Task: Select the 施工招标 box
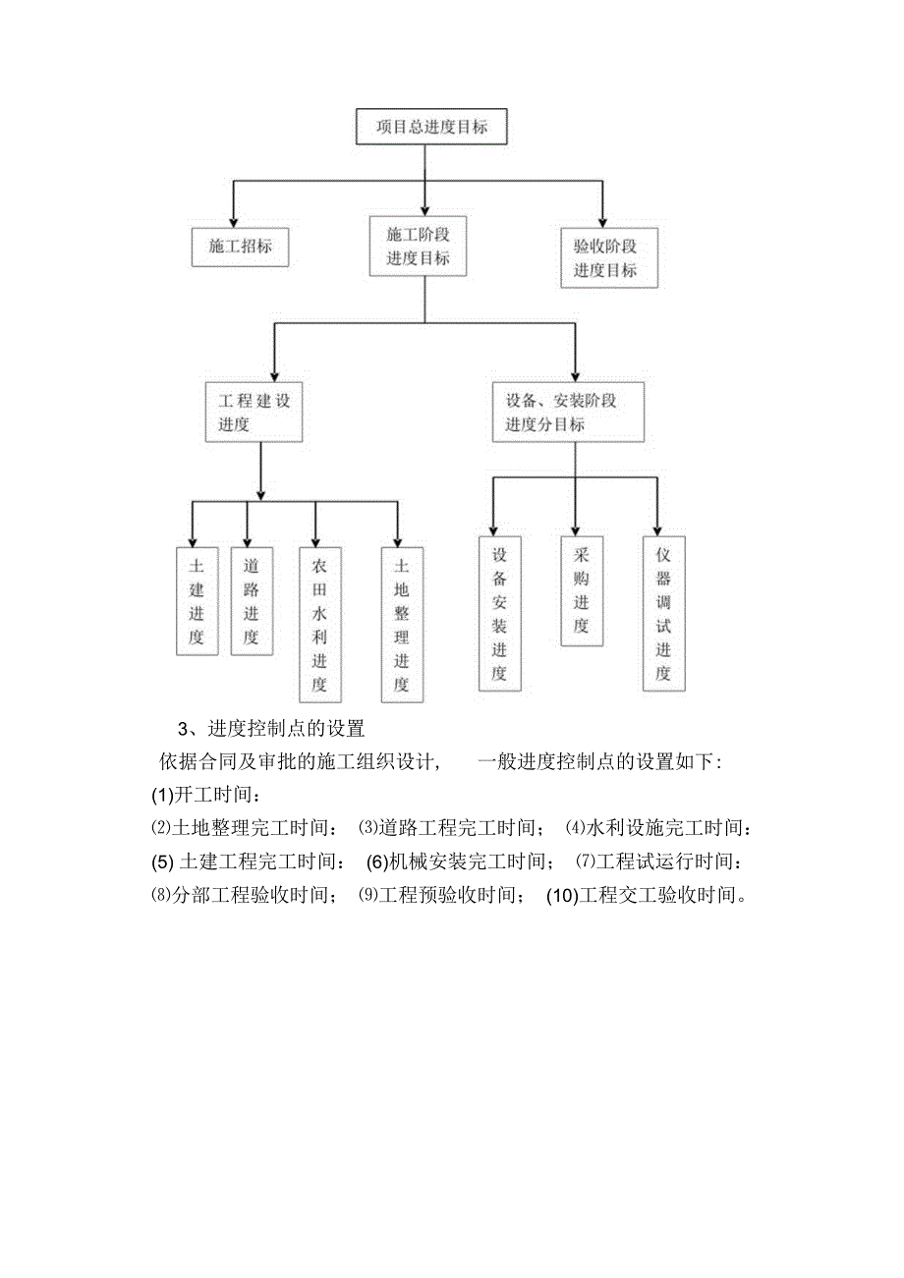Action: point(240,247)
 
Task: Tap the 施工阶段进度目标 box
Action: point(418,247)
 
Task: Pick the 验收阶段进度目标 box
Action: point(608,258)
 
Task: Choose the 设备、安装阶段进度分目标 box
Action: point(568,413)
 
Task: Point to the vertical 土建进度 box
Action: point(197,601)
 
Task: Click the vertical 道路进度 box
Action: point(252,601)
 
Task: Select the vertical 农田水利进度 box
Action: point(319,624)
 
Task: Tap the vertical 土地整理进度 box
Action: point(401,624)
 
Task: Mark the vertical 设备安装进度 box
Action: point(499,613)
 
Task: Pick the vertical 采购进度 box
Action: point(581,590)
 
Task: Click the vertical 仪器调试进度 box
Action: point(663,613)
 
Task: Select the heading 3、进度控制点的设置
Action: point(270,729)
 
